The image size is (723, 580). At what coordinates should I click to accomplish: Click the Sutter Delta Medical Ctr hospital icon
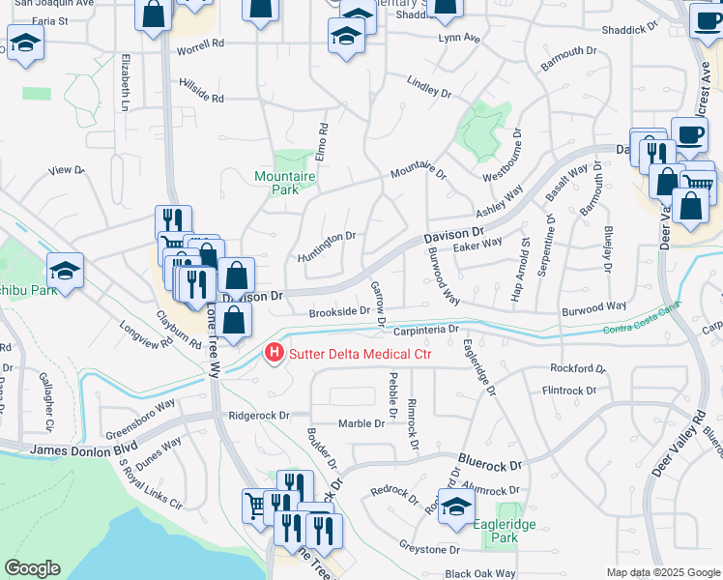(x=275, y=355)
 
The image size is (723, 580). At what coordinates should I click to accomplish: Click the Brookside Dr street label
(x=340, y=311)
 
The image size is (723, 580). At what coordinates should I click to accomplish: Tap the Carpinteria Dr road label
(x=425, y=330)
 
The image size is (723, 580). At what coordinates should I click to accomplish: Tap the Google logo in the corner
(x=32, y=568)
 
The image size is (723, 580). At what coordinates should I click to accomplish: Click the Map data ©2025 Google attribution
(x=663, y=572)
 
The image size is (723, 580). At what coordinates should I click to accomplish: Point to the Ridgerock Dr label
(x=258, y=416)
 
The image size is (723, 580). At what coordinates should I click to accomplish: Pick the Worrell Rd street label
(x=200, y=43)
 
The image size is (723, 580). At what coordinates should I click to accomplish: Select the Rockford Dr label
(x=577, y=368)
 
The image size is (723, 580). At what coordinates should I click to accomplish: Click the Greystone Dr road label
(x=430, y=549)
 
